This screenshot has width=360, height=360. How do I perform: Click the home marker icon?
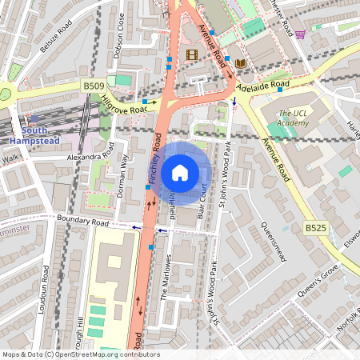[180, 173]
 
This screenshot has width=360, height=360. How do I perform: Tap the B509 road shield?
[94, 84]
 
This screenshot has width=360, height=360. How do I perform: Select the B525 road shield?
[315, 228]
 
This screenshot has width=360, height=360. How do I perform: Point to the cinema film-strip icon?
[191, 55]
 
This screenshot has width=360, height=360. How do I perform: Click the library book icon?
[241, 63]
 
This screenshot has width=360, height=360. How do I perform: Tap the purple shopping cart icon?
[300, 34]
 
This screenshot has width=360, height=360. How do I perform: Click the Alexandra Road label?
[87, 158]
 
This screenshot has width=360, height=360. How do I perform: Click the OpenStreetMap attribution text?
[80, 354]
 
